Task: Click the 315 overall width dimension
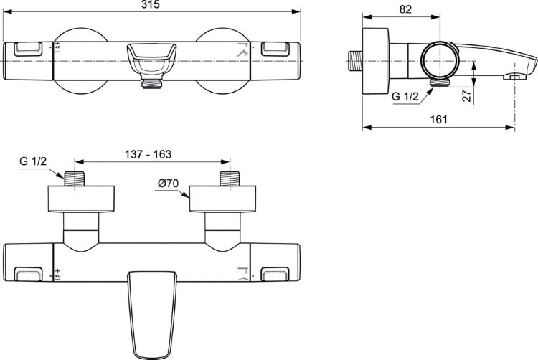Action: click(x=151, y=5)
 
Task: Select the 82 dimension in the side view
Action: click(x=405, y=9)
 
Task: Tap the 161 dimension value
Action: click(x=439, y=120)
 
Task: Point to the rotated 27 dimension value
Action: click(x=467, y=95)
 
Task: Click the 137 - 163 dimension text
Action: click(x=148, y=154)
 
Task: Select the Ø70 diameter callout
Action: click(x=168, y=184)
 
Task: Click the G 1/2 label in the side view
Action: click(x=405, y=96)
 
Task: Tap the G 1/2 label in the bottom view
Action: click(x=33, y=161)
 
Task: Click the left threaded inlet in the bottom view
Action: click(x=75, y=179)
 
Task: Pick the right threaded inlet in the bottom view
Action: click(x=230, y=179)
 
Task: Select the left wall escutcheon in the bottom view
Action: click(x=81, y=199)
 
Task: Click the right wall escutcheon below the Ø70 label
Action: click(x=222, y=199)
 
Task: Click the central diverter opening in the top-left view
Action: click(x=151, y=58)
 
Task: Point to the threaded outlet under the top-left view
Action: click(x=151, y=84)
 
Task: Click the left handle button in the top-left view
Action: click(x=28, y=49)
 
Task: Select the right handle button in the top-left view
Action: click(x=275, y=49)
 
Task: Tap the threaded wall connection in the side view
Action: click(x=356, y=61)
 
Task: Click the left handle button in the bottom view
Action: click(x=29, y=274)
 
